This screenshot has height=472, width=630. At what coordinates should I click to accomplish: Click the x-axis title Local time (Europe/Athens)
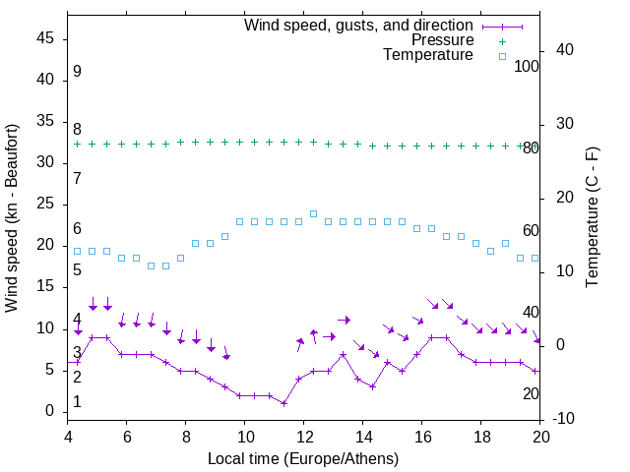coord(304,458)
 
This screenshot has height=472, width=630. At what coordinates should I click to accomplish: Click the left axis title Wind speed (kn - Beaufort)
coord(12,218)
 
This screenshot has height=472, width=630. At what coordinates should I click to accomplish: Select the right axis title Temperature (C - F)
coord(592,218)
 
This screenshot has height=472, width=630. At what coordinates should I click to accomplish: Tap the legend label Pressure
coord(442,40)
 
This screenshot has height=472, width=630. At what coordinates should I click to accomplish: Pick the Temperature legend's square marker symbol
coord(502,56)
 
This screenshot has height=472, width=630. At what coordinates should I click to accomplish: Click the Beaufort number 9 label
coord(77,72)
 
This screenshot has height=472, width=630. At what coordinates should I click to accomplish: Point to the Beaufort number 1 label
coord(77,402)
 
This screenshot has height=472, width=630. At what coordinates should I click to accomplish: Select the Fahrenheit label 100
coord(527,66)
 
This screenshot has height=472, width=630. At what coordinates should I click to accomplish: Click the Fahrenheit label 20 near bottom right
coord(531,393)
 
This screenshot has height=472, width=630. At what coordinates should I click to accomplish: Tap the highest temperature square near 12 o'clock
coord(313,213)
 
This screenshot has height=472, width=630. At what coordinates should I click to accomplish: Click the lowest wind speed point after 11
coord(283,403)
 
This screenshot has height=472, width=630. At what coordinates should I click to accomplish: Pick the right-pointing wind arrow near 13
coord(344,320)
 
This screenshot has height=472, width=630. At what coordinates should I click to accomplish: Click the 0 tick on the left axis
coord(50,411)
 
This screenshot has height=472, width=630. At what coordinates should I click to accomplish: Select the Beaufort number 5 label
coord(77,269)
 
